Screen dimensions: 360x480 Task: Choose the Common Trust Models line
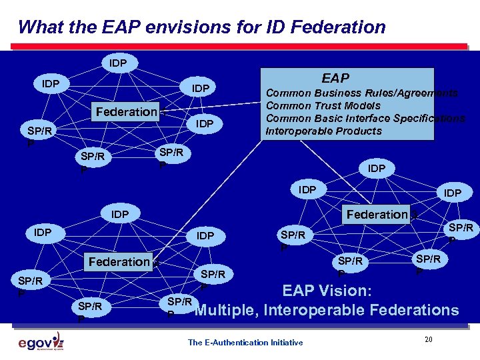(x=323, y=106)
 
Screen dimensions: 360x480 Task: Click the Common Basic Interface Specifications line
(x=365, y=119)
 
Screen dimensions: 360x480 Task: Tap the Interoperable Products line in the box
(x=323, y=131)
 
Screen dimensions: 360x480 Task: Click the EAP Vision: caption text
(x=327, y=291)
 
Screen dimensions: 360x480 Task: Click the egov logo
(x=41, y=343)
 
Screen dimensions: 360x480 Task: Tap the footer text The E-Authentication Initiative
(x=245, y=343)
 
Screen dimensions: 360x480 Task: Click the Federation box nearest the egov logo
(x=119, y=262)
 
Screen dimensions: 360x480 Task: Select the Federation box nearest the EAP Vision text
(x=377, y=214)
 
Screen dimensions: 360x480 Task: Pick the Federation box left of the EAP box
(x=126, y=111)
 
